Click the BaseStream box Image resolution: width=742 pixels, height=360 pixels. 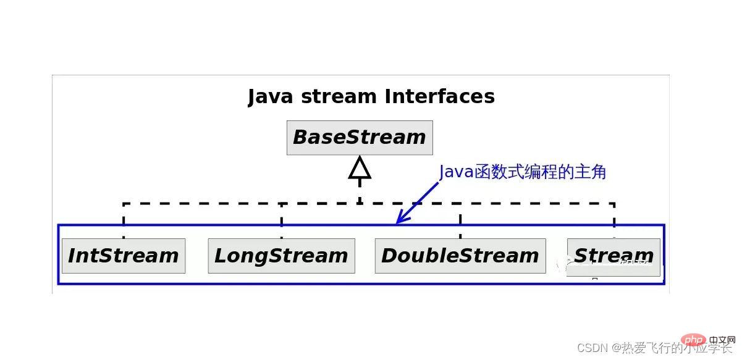pos(360,138)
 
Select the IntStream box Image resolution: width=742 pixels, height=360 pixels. pos(123,256)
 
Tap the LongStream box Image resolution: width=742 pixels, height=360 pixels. pos(281,256)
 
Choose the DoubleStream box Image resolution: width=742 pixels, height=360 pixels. pos(460,256)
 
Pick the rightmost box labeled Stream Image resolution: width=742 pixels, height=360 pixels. pos(613,256)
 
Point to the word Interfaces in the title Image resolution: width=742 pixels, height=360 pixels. pos(439,96)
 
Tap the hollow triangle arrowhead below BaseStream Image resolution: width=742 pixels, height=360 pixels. pos(360,168)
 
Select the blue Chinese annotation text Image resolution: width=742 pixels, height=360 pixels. pos(523,172)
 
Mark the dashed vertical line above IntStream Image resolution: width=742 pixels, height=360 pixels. pos(124,220)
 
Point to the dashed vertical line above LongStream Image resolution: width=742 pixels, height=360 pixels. pos(282,220)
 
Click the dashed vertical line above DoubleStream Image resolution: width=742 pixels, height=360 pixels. pos(460,220)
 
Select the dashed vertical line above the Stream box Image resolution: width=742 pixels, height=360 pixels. pos(613,219)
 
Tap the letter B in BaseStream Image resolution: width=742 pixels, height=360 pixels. pos(301,138)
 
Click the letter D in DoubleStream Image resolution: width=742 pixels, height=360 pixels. pos(390,256)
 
